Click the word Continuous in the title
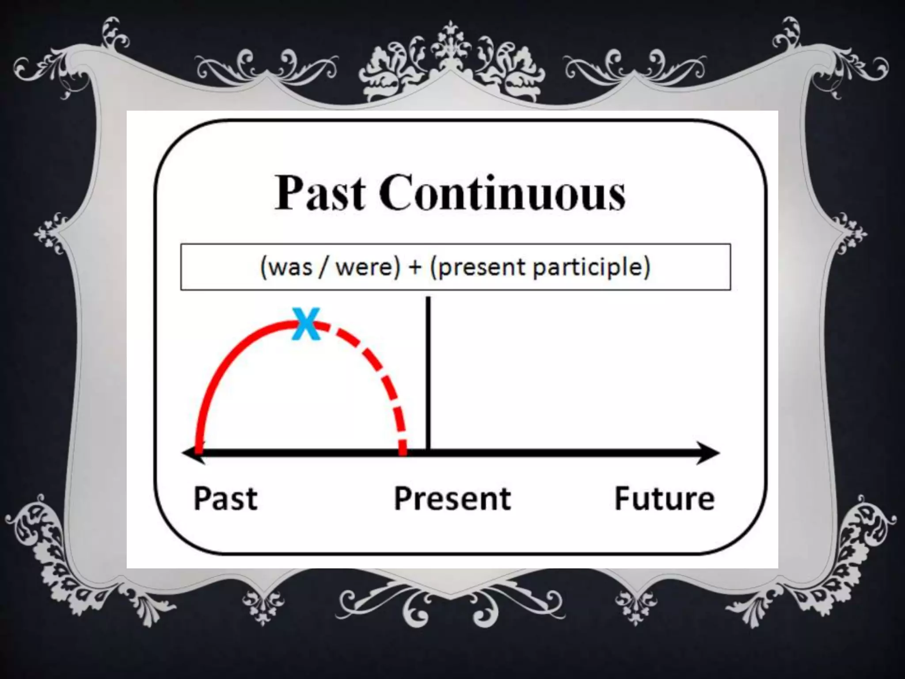(x=502, y=193)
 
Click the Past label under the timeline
(x=225, y=498)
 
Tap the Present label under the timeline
(x=452, y=498)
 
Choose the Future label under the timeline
(x=664, y=498)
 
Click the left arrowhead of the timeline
(x=191, y=453)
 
